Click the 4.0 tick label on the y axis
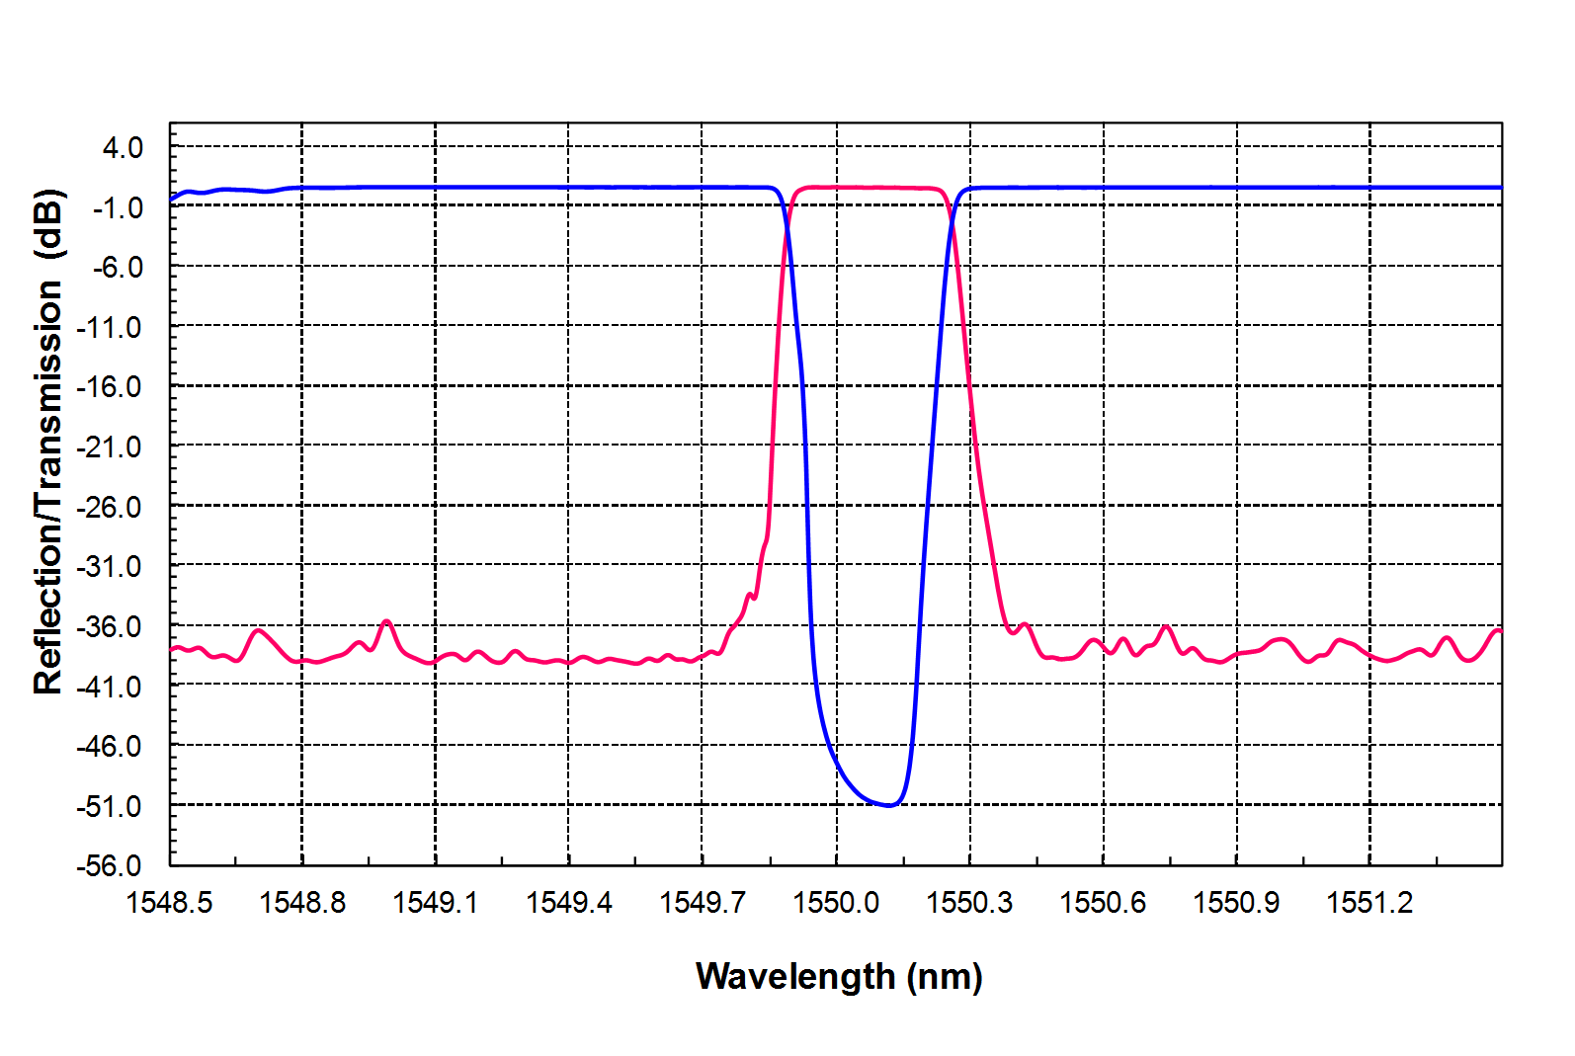point(123,148)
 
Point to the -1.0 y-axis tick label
point(119,208)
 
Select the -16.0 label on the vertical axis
point(109,387)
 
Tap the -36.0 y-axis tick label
point(109,626)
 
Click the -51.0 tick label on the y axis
point(109,806)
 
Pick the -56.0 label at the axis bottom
point(109,866)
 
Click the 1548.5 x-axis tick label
point(169,903)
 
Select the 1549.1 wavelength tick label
point(435,903)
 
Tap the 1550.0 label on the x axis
point(836,903)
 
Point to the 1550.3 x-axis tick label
point(969,903)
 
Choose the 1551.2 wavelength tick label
point(1369,903)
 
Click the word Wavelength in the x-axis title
point(795,977)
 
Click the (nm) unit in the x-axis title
point(945,978)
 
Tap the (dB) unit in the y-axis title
point(49,225)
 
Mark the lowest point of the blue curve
point(889,805)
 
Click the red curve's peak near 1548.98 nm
point(386,621)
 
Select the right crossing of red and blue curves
point(953,219)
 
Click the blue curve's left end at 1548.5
point(171,200)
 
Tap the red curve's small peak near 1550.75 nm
point(1167,626)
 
